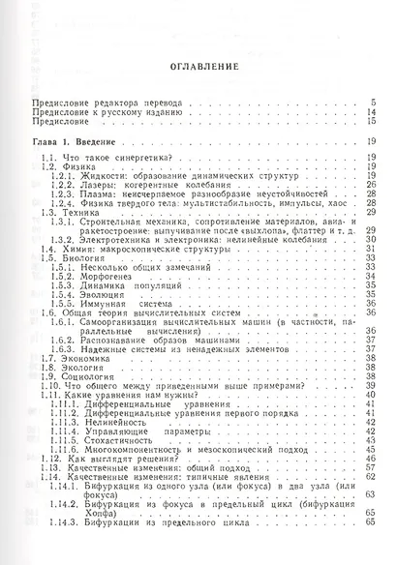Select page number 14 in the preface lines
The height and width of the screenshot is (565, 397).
click(370, 112)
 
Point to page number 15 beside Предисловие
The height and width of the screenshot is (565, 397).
click(370, 122)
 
